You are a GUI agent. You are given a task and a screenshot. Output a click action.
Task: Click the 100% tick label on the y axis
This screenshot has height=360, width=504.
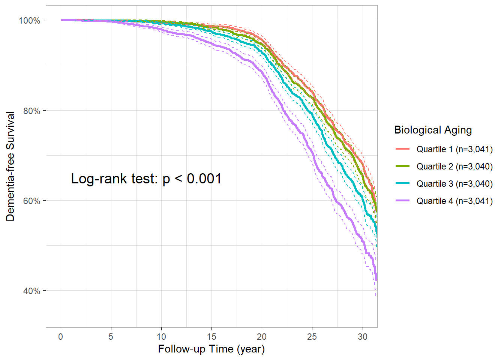click(30, 21)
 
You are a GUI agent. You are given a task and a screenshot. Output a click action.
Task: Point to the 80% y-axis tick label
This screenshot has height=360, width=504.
click(31, 111)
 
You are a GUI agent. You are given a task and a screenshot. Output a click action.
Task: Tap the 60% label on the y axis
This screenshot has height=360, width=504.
click(31, 201)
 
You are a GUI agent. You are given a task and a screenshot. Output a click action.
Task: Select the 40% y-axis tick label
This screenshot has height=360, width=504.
click(31, 291)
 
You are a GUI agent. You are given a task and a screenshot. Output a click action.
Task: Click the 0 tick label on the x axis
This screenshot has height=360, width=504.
click(61, 337)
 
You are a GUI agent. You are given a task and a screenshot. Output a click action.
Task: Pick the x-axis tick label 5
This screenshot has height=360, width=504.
click(111, 337)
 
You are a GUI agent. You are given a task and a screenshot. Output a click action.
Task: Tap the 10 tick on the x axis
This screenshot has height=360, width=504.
click(161, 337)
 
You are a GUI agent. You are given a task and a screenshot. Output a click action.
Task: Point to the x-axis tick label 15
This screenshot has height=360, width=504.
click(211, 337)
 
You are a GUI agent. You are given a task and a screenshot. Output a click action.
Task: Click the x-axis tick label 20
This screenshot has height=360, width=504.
click(262, 337)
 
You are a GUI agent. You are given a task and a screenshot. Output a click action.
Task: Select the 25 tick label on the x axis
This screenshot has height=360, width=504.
click(312, 337)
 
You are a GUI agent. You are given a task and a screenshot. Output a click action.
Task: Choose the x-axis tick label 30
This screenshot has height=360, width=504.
click(362, 337)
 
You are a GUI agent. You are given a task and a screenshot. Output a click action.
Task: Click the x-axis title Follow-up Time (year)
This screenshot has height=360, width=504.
click(211, 349)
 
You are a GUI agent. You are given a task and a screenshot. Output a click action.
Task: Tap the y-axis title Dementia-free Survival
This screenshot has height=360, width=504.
click(10, 166)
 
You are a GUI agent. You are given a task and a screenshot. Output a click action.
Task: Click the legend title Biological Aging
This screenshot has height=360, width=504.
click(433, 130)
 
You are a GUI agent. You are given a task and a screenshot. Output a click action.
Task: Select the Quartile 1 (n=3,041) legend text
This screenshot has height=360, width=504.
click(454, 149)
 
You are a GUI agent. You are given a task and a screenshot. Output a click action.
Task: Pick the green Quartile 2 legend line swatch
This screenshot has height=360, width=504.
click(402, 166)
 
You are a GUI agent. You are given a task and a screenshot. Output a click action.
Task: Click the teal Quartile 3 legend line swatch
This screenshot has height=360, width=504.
click(402, 183)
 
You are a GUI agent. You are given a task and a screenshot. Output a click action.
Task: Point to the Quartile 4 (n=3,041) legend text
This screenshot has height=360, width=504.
click(454, 201)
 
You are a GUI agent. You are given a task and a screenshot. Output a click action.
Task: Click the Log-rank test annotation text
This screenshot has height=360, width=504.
click(146, 179)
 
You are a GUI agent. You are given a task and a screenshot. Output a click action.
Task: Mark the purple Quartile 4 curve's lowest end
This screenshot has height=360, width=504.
click(376, 280)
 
